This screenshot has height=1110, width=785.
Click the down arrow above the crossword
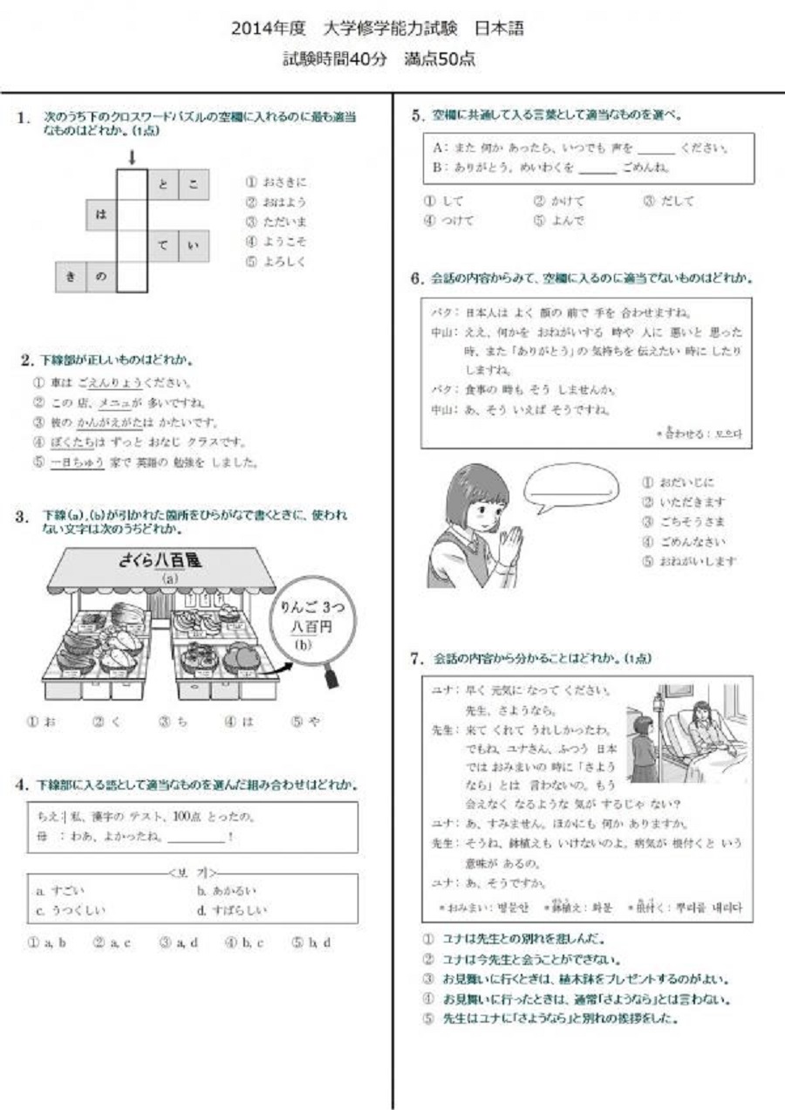point(132,157)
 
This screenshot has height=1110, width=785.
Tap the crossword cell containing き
point(71,277)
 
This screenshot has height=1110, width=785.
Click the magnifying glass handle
point(331,677)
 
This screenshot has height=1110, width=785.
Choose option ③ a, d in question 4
point(179,942)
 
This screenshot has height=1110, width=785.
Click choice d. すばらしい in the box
point(232,910)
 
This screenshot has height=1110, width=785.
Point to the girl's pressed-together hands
point(509,545)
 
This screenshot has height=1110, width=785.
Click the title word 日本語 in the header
point(499,28)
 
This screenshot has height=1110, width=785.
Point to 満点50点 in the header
point(440,59)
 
